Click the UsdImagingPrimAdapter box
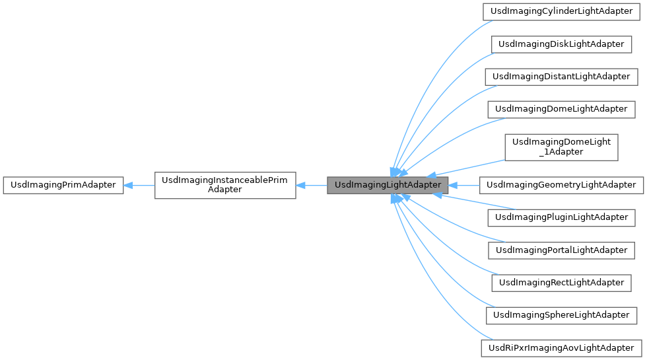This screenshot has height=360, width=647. coord(63,185)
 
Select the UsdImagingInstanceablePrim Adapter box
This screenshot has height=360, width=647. coord(225,185)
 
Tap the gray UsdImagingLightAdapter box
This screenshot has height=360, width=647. coord(388,185)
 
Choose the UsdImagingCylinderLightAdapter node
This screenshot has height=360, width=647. coord(561,12)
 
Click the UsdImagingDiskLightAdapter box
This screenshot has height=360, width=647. coord(561,44)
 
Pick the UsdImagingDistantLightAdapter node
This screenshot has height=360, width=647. coord(561,76)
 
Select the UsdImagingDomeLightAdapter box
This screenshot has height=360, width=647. coord(561,108)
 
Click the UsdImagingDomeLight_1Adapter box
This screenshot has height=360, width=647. coord(561,147)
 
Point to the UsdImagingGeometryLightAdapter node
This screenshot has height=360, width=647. coord(561,185)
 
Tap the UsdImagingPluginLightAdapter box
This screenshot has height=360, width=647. coord(561,217)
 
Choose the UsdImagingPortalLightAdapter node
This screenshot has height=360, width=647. coord(561,250)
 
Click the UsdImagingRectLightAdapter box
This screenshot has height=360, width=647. coord(561,282)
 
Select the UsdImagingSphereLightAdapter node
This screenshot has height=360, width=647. coord(561,314)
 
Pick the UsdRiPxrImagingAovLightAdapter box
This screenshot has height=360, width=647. coord(561,347)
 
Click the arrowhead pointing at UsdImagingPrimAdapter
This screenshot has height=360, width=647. coord(129,185)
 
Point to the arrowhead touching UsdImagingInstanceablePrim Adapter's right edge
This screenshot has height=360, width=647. coord(301,185)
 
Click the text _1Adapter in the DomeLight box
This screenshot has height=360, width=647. coord(561,152)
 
